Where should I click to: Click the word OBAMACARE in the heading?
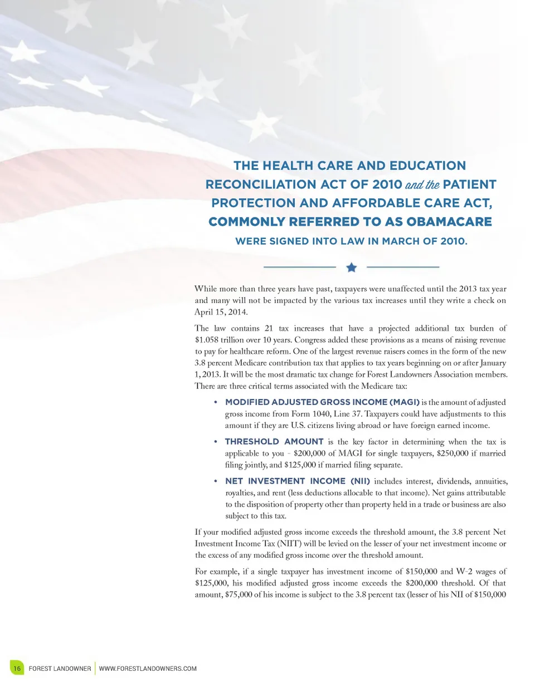coord(449,222)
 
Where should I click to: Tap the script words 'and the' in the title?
coord(422,184)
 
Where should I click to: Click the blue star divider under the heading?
coord(351,267)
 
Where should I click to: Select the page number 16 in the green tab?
coord(17,668)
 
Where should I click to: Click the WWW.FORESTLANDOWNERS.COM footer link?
coord(148,668)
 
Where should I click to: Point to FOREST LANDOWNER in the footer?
coord(60,668)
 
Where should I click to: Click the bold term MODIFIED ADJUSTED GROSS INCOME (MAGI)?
coord(322,402)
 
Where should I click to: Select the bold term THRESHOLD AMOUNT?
coord(274,442)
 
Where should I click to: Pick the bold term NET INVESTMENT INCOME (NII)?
coord(298,481)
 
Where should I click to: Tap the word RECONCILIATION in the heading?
coord(261,184)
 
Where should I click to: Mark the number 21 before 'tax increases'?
coord(269,328)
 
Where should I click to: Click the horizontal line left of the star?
coord(299,267)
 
